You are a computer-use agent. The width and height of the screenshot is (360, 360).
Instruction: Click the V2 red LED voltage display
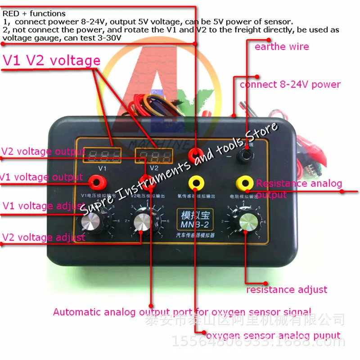[x=153, y=157]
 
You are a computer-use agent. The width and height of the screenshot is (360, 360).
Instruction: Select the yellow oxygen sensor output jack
[x=195, y=182]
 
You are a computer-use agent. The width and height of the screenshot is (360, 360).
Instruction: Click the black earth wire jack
[x=245, y=156]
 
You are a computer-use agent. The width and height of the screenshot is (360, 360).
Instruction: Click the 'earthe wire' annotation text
[x=282, y=47]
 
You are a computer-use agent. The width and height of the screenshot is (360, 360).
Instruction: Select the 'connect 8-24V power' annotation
[x=290, y=84]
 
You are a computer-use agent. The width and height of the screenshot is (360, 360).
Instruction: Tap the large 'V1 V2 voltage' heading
[x=52, y=60]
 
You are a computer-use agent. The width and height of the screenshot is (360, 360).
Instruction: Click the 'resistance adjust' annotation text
[x=286, y=289]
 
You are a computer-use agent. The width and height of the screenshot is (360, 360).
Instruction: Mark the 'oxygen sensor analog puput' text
[x=273, y=335]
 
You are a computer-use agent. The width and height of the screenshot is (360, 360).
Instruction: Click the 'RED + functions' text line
[x=34, y=13]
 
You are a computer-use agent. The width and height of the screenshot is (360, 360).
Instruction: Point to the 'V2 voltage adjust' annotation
[x=44, y=237]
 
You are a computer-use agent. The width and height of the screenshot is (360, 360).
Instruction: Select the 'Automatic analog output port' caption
[x=182, y=312]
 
